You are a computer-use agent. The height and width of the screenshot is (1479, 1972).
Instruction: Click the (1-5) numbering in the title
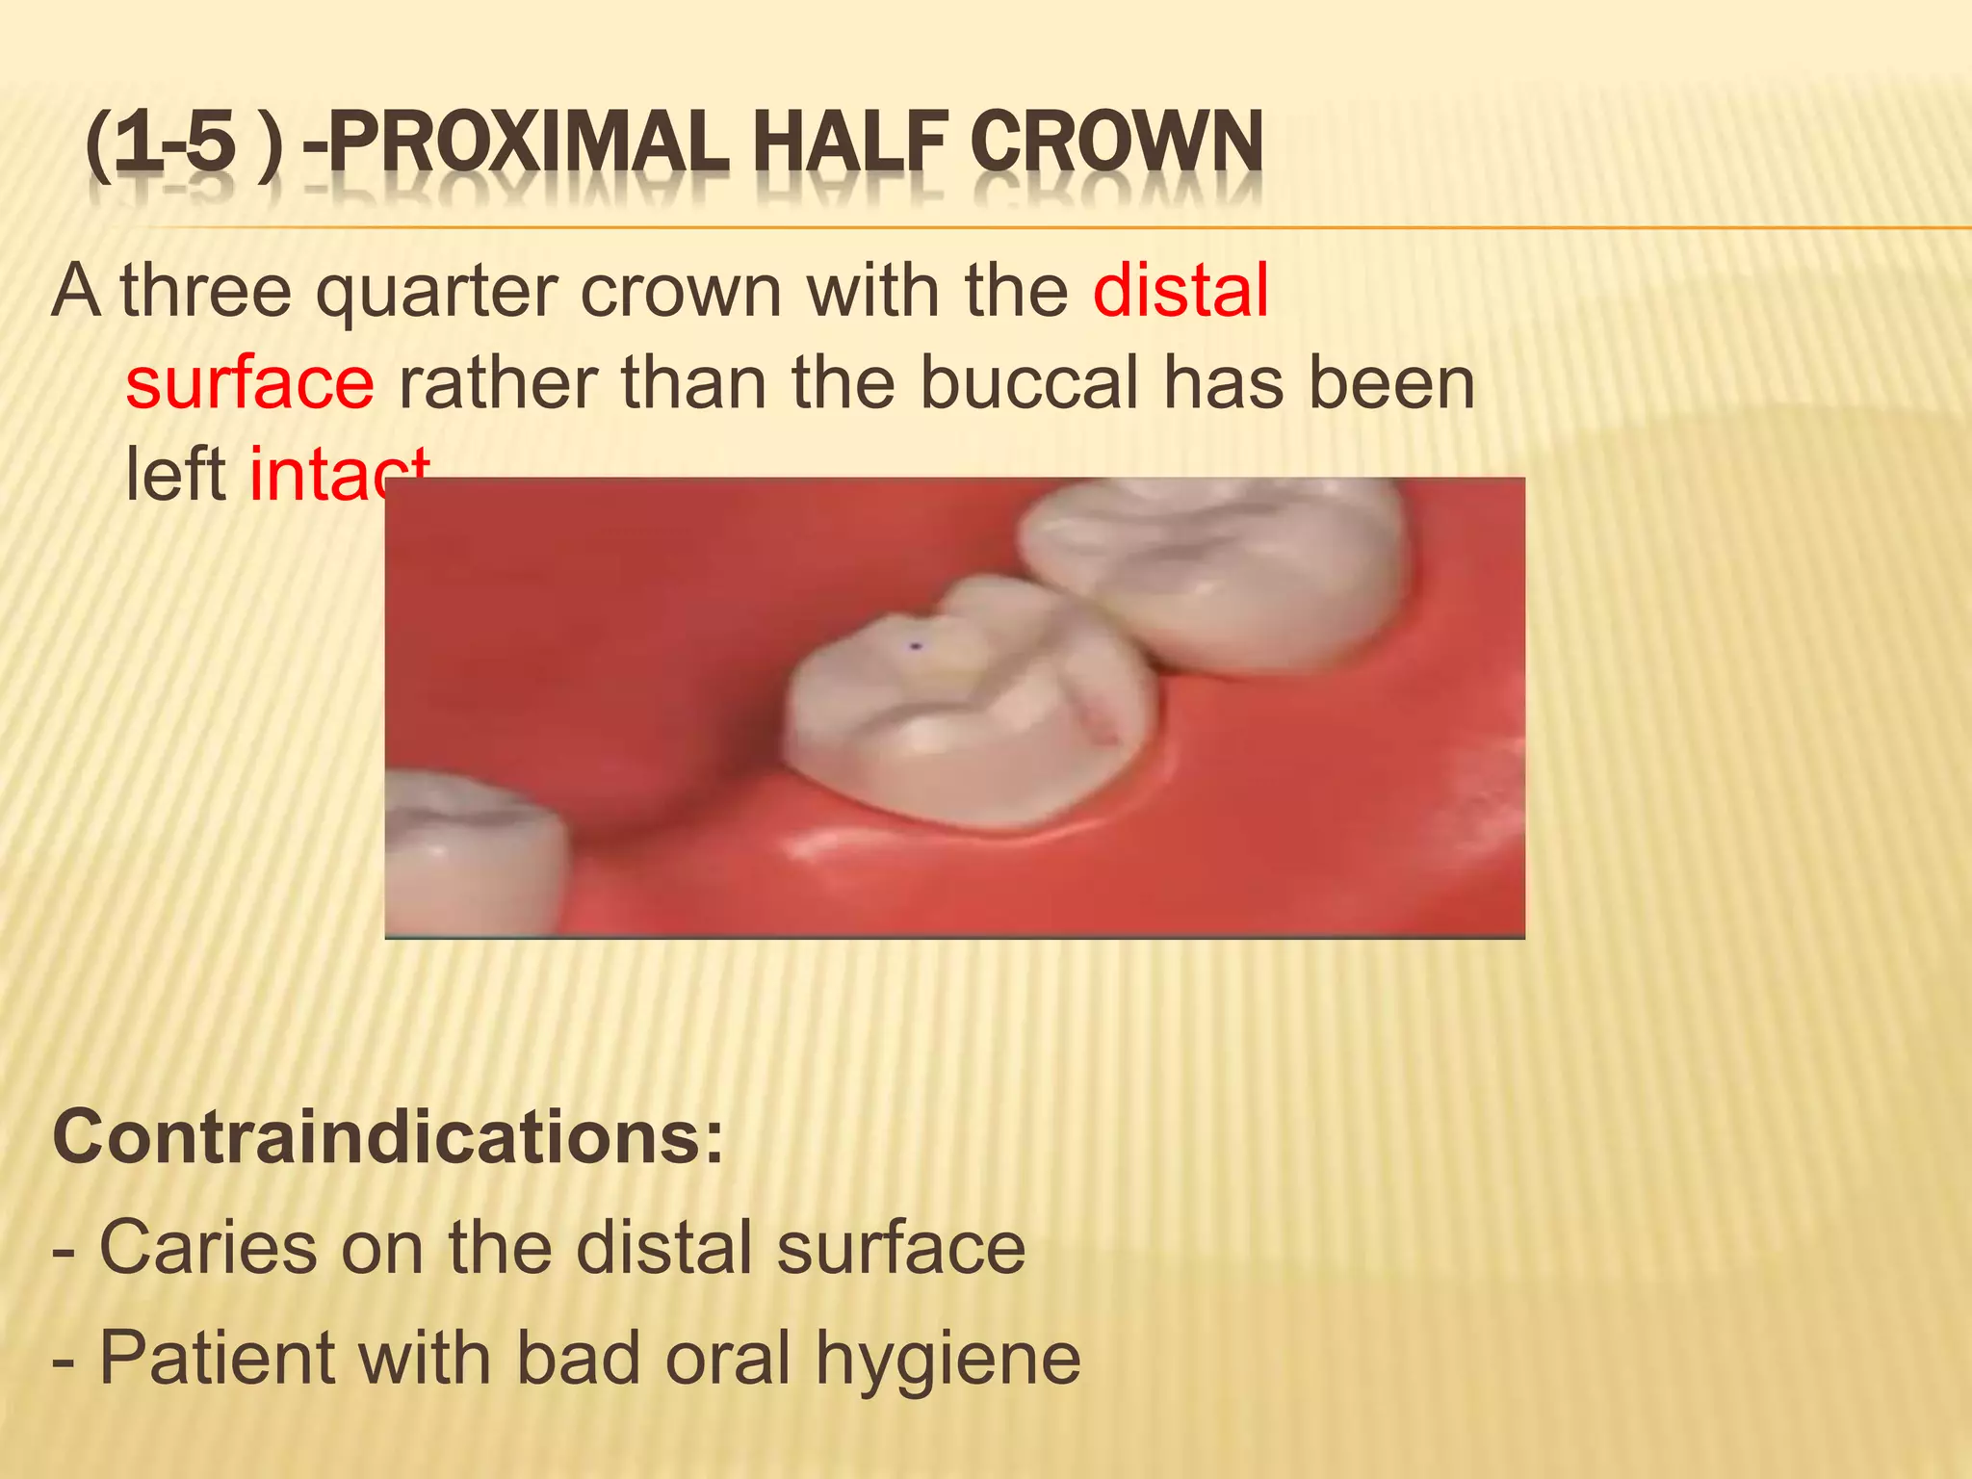183,144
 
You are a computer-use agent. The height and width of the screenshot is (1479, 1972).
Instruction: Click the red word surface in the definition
249,383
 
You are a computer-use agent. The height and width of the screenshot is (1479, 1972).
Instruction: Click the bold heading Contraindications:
387,1137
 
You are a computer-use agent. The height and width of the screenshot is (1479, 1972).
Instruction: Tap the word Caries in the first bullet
207,1248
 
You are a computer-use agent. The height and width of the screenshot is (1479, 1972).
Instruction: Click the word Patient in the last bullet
218,1358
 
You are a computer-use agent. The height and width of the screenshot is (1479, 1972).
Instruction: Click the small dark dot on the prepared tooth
916,646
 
